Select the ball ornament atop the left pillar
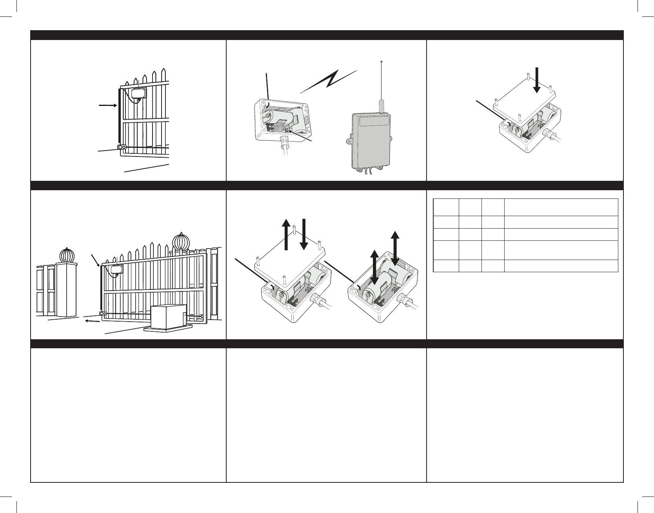click(x=67, y=256)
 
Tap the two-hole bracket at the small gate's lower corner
click(x=122, y=148)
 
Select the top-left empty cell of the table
click(x=446, y=207)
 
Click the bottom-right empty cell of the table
click(x=561, y=266)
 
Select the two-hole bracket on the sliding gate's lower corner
click(x=103, y=314)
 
